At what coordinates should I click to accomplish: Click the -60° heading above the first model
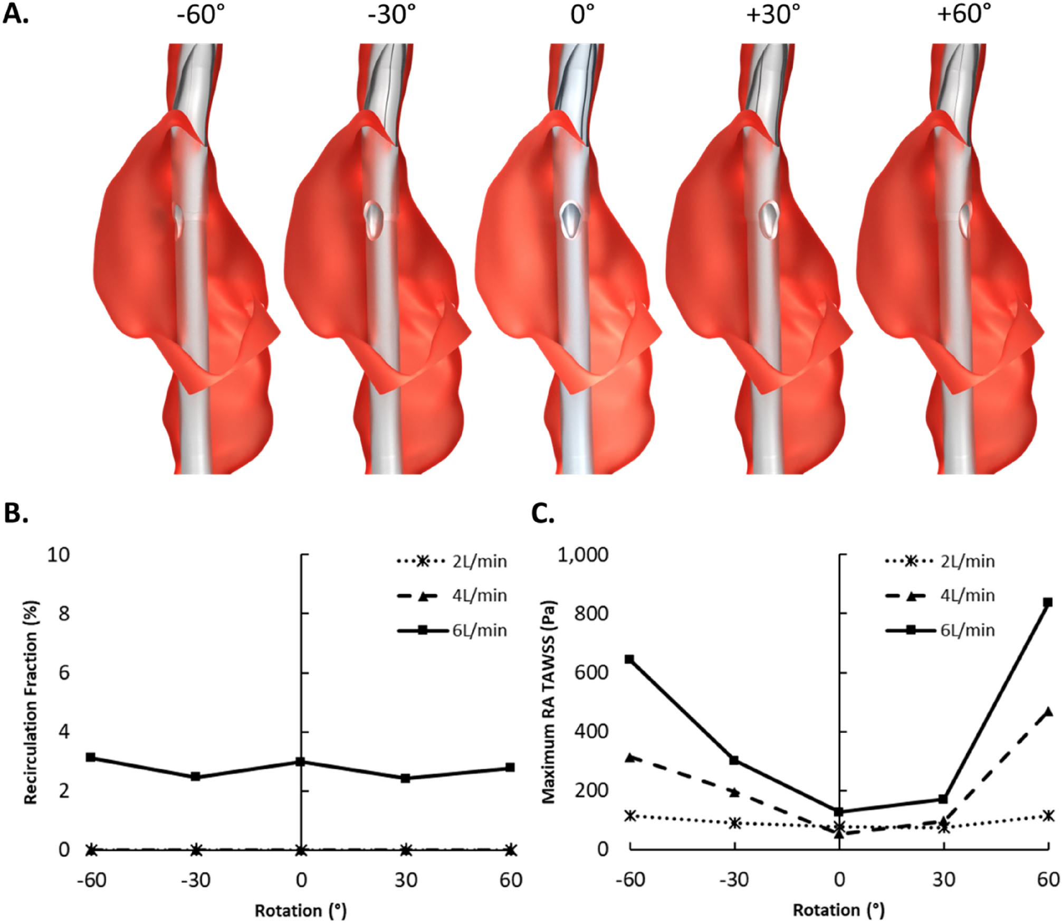(x=200, y=14)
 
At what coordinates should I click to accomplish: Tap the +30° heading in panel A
(x=773, y=14)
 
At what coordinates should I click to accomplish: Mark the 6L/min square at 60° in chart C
(x=1048, y=602)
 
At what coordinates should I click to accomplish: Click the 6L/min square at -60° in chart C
(x=629, y=659)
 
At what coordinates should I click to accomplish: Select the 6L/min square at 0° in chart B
(x=301, y=761)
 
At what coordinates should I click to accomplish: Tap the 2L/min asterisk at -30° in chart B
(x=196, y=850)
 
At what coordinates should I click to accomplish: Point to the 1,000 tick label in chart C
(x=583, y=554)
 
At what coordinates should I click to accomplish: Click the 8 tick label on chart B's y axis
(x=64, y=614)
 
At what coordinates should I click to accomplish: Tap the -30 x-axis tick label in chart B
(x=196, y=880)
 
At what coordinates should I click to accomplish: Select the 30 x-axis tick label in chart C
(x=943, y=879)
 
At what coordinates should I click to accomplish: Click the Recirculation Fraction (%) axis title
(x=31, y=702)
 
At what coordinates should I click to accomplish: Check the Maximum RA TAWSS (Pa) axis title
(x=549, y=702)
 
